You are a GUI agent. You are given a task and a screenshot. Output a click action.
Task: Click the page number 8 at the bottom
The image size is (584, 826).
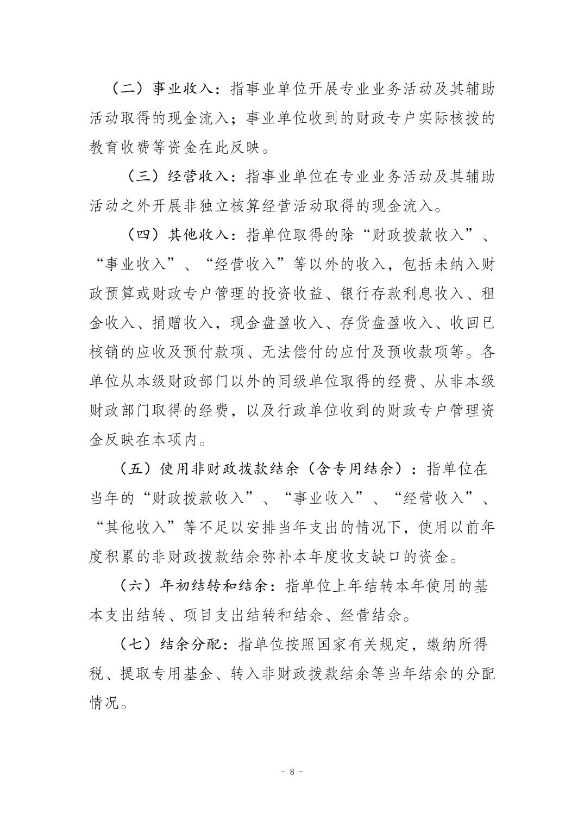pos(292,771)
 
